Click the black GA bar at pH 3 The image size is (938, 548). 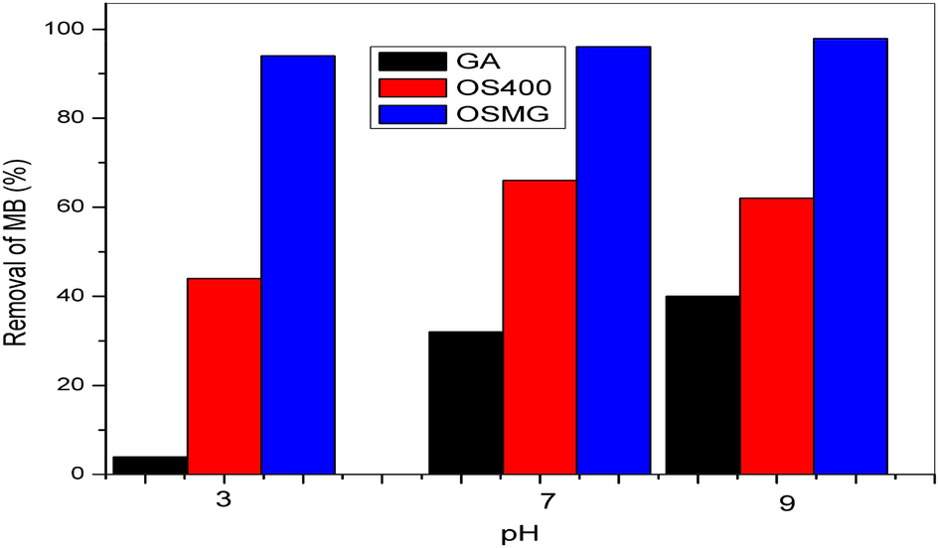coord(150,465)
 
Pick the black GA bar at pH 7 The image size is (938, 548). coord(465,402)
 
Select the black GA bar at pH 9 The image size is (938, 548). coord(703,385)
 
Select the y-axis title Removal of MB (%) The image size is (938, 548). coord(17,252)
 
